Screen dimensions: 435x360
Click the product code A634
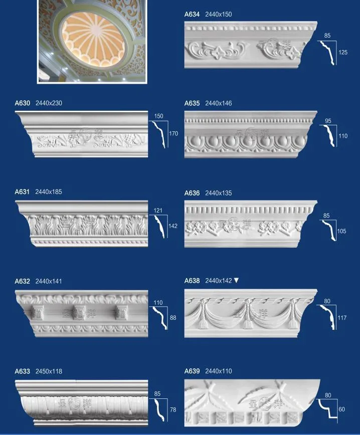[x=192, y=14]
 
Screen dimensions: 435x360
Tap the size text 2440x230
[x=49, y=103]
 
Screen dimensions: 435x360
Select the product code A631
[x=22, y=192]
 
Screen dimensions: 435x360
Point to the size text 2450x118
[x=49, y=371]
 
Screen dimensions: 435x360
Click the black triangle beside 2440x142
[x=236, y=281]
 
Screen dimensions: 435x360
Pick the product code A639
[x=192, y=371]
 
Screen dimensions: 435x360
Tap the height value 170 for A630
[x=173, y=134]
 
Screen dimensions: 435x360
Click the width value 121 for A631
[x=158, y=210]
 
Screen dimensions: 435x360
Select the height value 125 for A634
[x=343, y=52]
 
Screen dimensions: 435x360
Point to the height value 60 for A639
[x=342, y=409]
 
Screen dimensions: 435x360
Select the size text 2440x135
[x=219, y=193]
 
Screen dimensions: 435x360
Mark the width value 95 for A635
[x=328, y=121]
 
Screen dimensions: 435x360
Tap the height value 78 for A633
[x=173, y=410]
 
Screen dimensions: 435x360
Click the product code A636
[x=192, y=193]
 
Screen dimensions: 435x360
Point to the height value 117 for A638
[x=342, y=317]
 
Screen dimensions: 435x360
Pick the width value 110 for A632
[x=158, y=303]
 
